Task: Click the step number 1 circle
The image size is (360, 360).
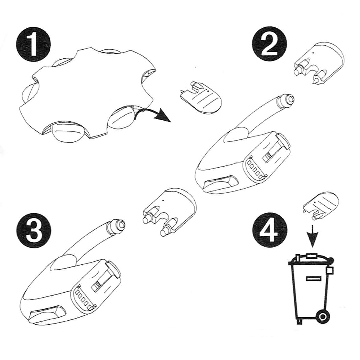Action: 33,46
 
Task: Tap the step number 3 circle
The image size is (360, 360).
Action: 33,230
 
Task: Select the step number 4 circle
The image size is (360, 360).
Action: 270,230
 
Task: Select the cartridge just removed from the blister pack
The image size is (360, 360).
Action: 200,97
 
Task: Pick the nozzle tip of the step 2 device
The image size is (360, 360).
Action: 287,100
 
